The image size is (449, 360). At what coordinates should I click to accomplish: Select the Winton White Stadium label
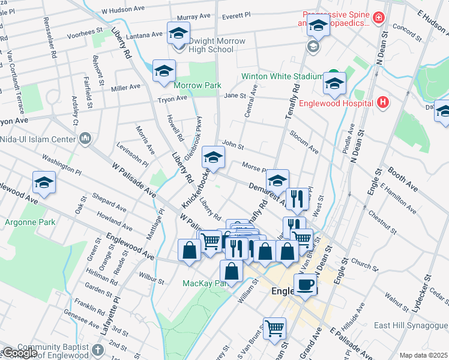point(282,77)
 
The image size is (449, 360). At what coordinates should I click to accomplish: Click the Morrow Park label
point(197,85)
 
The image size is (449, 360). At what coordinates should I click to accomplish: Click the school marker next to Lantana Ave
point(178,34)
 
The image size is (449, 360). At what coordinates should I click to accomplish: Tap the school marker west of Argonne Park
point(44,184)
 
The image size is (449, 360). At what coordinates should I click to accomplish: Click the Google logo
point(20,353)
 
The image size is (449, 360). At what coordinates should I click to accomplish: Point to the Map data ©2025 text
point(423,355)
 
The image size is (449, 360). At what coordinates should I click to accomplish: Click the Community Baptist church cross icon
point(99,349)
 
